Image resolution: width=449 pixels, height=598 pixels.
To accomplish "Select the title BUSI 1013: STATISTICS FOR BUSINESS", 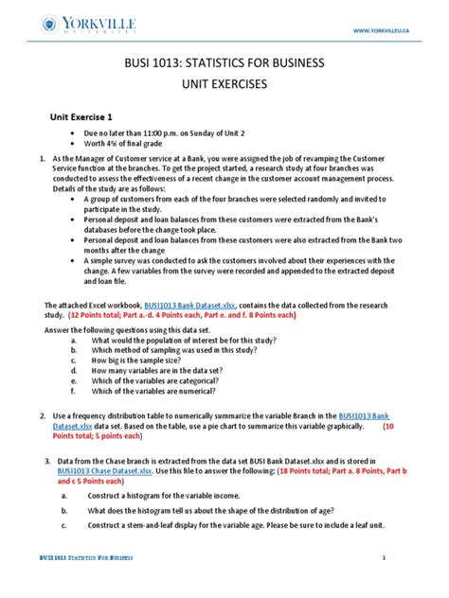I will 224,63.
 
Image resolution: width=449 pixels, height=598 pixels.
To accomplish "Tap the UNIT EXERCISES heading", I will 224,84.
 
